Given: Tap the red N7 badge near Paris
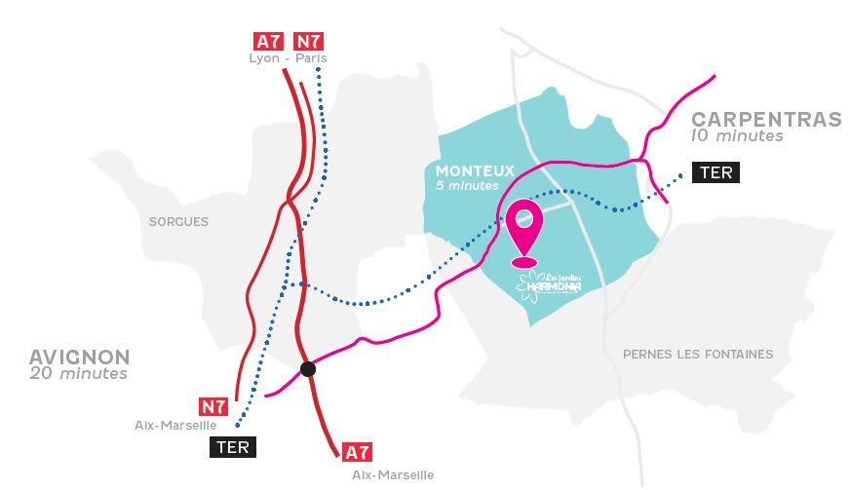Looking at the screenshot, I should (x=309, y=41).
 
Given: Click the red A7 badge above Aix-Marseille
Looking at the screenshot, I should (x=358, y=452).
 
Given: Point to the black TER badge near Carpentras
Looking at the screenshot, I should (x=716, y=173).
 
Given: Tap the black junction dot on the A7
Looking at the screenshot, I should (x=308, y=368).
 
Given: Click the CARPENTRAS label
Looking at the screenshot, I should (x=766, y=120).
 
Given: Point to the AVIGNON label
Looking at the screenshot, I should (x=79, y=357).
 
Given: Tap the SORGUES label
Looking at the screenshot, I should (x=178, y=222).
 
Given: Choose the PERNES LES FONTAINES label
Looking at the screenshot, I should (x=698, y=355).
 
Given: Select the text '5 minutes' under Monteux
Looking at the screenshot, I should (x=467, y=186).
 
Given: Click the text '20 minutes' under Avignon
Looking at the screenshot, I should (x=78, y=373).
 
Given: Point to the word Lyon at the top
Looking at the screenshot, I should (x=265, y=58).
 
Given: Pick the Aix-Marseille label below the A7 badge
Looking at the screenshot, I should (x=393, y=474).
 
